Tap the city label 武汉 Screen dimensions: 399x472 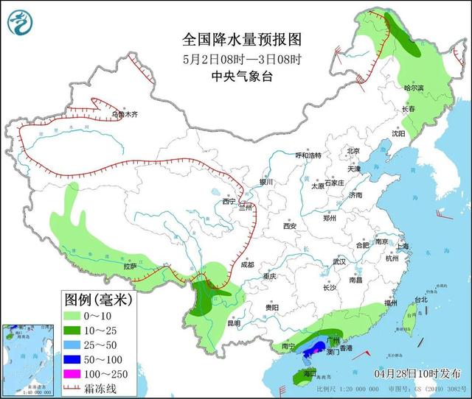click(339, 261)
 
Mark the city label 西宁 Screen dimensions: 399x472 click(228, 200)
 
